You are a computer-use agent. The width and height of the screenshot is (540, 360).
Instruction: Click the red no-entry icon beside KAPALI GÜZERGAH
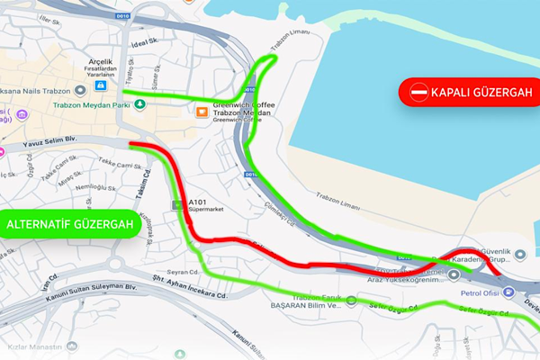418,92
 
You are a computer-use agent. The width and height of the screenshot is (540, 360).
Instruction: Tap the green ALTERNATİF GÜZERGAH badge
70,223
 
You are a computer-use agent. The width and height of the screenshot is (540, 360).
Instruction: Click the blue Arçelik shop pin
98,86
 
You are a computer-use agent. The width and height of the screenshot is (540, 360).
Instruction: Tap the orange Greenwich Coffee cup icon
202,111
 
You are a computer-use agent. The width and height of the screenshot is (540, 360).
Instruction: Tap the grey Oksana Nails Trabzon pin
81,88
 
